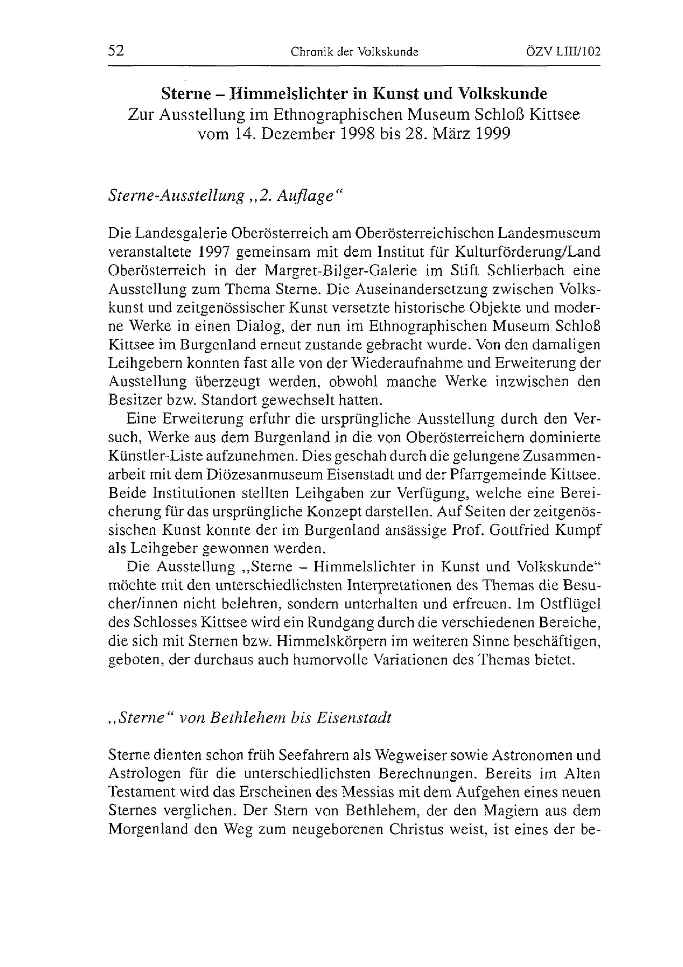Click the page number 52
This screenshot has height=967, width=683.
116,51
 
